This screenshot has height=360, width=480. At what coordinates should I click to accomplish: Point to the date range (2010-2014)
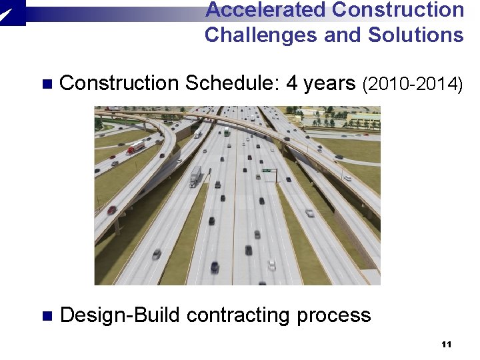(412, 84)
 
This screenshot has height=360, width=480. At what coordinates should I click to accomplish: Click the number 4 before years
(292, 83)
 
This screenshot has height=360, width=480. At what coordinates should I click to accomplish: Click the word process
(333, 315)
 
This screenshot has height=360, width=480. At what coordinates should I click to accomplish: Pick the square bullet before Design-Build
(46, 315)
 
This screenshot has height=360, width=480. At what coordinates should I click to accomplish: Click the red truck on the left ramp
(136, 147)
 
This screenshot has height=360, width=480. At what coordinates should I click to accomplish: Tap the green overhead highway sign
(267, 171)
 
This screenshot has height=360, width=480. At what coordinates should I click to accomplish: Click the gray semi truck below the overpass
(195, 176)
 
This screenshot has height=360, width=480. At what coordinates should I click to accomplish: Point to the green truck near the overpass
(227, 131)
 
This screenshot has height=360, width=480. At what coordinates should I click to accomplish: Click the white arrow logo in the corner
(11, 11)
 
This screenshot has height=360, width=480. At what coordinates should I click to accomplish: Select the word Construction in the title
(397, 10)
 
